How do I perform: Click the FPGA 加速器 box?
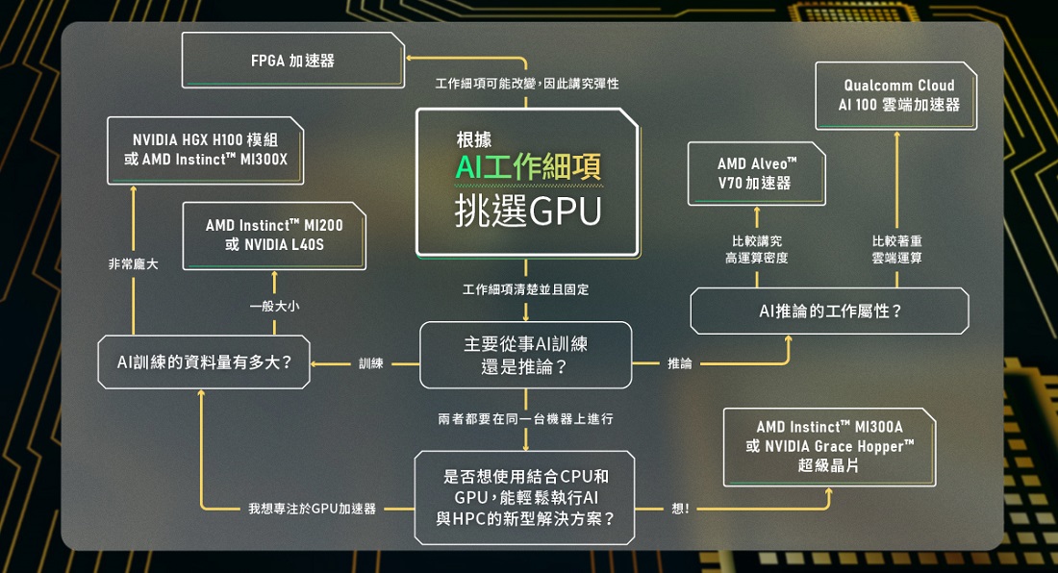292,60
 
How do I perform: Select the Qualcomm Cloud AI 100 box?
896,96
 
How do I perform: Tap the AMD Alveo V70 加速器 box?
756,173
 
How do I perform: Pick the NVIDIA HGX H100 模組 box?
205,150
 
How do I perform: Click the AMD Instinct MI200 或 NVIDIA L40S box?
274,236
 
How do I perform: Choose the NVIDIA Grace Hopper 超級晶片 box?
829,447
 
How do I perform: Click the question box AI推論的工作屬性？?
829,311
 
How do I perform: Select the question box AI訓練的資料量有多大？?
204,362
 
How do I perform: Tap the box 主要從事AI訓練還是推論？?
525,356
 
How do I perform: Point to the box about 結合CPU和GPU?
524,497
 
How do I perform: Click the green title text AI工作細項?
528,166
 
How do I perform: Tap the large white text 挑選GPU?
528,211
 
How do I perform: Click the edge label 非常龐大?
134,264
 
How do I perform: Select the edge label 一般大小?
274,306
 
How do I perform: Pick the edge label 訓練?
371,363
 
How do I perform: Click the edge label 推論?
679,363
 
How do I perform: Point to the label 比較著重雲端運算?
896,249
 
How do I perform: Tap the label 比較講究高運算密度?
756,249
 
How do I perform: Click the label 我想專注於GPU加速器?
312,509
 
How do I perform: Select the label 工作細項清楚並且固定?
525,289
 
